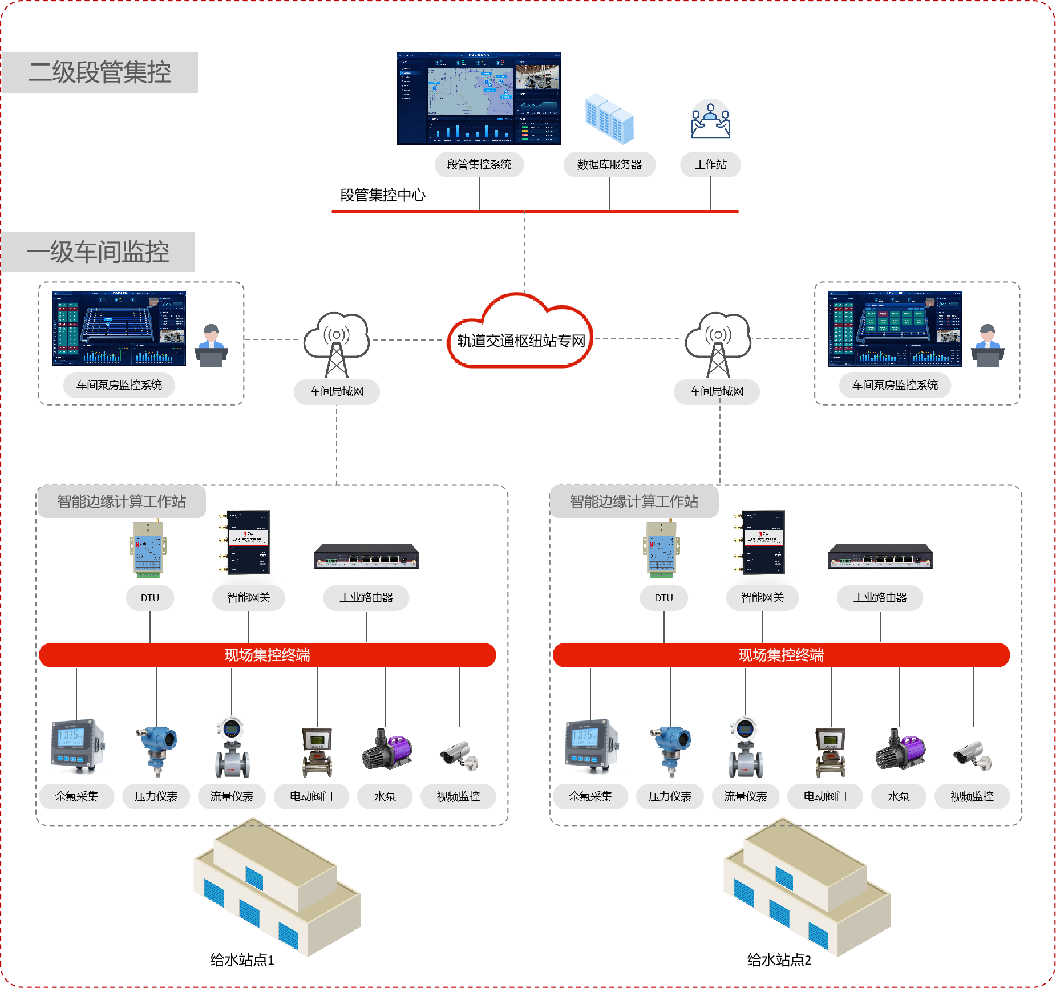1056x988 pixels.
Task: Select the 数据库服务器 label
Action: [x=609, y=165]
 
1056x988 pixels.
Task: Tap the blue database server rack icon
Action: [x=610, y=119]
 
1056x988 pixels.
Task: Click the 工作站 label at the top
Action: [x=710, y=165]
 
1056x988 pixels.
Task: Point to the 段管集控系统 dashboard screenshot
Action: [x=479, y=99]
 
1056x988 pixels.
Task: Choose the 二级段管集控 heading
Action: [x=100, y=72]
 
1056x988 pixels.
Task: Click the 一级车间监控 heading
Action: [x=98, y=252]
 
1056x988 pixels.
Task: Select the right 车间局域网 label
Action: [x=717, y=392]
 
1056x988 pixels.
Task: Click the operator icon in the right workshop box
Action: [x=988, y=345]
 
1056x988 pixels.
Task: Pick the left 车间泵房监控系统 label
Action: [x=119, y=385]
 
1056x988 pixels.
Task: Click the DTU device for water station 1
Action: [x=148, y=548]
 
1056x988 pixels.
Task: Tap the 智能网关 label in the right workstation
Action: [x=762, y=598]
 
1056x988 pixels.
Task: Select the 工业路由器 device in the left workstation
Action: [x=366, y=556]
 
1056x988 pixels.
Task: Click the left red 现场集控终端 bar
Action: [x=267, y=655]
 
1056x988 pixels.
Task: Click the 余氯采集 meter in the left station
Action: [x=78, y=746]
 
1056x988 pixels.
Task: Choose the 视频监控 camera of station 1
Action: [x=459, y=755]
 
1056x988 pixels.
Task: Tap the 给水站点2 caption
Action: [x=779, y=960]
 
